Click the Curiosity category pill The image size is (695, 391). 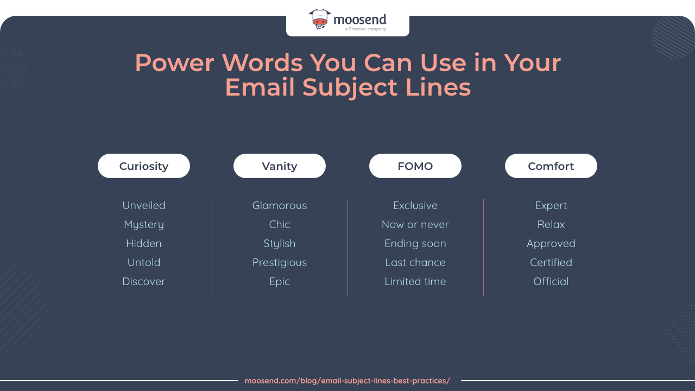click(x=144, y=166)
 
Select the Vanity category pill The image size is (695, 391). click(x=280, y=166)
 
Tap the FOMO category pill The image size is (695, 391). click(x=415, y=166)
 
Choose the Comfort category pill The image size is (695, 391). click(x=551, y=166)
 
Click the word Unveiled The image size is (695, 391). click(x=144, y=205)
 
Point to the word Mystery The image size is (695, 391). click(x=144, y=224)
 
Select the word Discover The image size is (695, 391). click(x=144, y=281)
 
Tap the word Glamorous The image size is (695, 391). click(x=280, y=205)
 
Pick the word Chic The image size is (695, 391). click(x=280, y=224)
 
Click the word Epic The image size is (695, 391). click(x=280, y=281)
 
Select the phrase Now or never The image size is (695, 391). click(x=415, y=224)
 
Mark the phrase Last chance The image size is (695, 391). click(x=415, y=262)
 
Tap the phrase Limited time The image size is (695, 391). click(x=415, y=281)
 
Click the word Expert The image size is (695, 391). click(x=551, y=205)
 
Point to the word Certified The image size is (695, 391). click(x=551, y=262)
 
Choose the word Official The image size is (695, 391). click(x=551, y=281)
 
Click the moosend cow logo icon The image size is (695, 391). click(x=320, y=19)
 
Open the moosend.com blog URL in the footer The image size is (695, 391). click(x=347, y=381)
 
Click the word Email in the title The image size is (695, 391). click(x=260, y=87)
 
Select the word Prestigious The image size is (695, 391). click(x=280, y=262)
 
